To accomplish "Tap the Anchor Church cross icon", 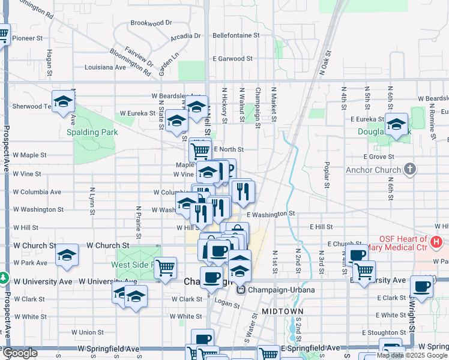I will coord(410,169).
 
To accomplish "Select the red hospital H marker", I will coord(436,242).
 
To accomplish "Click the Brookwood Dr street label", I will coord(151,23).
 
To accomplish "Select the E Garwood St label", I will coord(233,59).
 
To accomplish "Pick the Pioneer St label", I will coord(28,38).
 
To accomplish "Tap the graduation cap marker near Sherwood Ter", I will coord(63,101).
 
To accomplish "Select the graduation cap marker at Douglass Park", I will coord(396,124).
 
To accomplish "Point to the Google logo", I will coord(19,353).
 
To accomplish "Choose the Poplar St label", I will coord(327,173).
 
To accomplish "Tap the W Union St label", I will coord(88,332).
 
